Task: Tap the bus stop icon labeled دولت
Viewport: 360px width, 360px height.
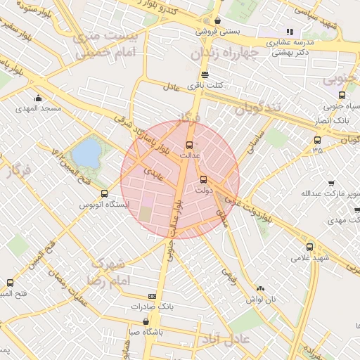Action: pos(203,179)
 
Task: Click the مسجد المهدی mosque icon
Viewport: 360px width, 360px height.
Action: pos(37,98)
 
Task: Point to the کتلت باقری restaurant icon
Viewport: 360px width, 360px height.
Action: pos(205,75)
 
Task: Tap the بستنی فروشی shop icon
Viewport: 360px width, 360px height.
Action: pos(218,21)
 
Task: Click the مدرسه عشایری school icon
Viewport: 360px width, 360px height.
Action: pos(289,32)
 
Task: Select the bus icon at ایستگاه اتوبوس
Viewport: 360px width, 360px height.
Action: pos(105,193)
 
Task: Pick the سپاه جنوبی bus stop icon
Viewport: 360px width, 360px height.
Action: pos(342,96)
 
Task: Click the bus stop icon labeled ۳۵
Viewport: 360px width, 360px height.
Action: pos(317,141)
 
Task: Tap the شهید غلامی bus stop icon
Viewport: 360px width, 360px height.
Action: pos(310,247)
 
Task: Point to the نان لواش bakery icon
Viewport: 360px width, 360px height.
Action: pos(261,288)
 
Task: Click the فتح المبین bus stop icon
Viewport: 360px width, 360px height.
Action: pos(10,283)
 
